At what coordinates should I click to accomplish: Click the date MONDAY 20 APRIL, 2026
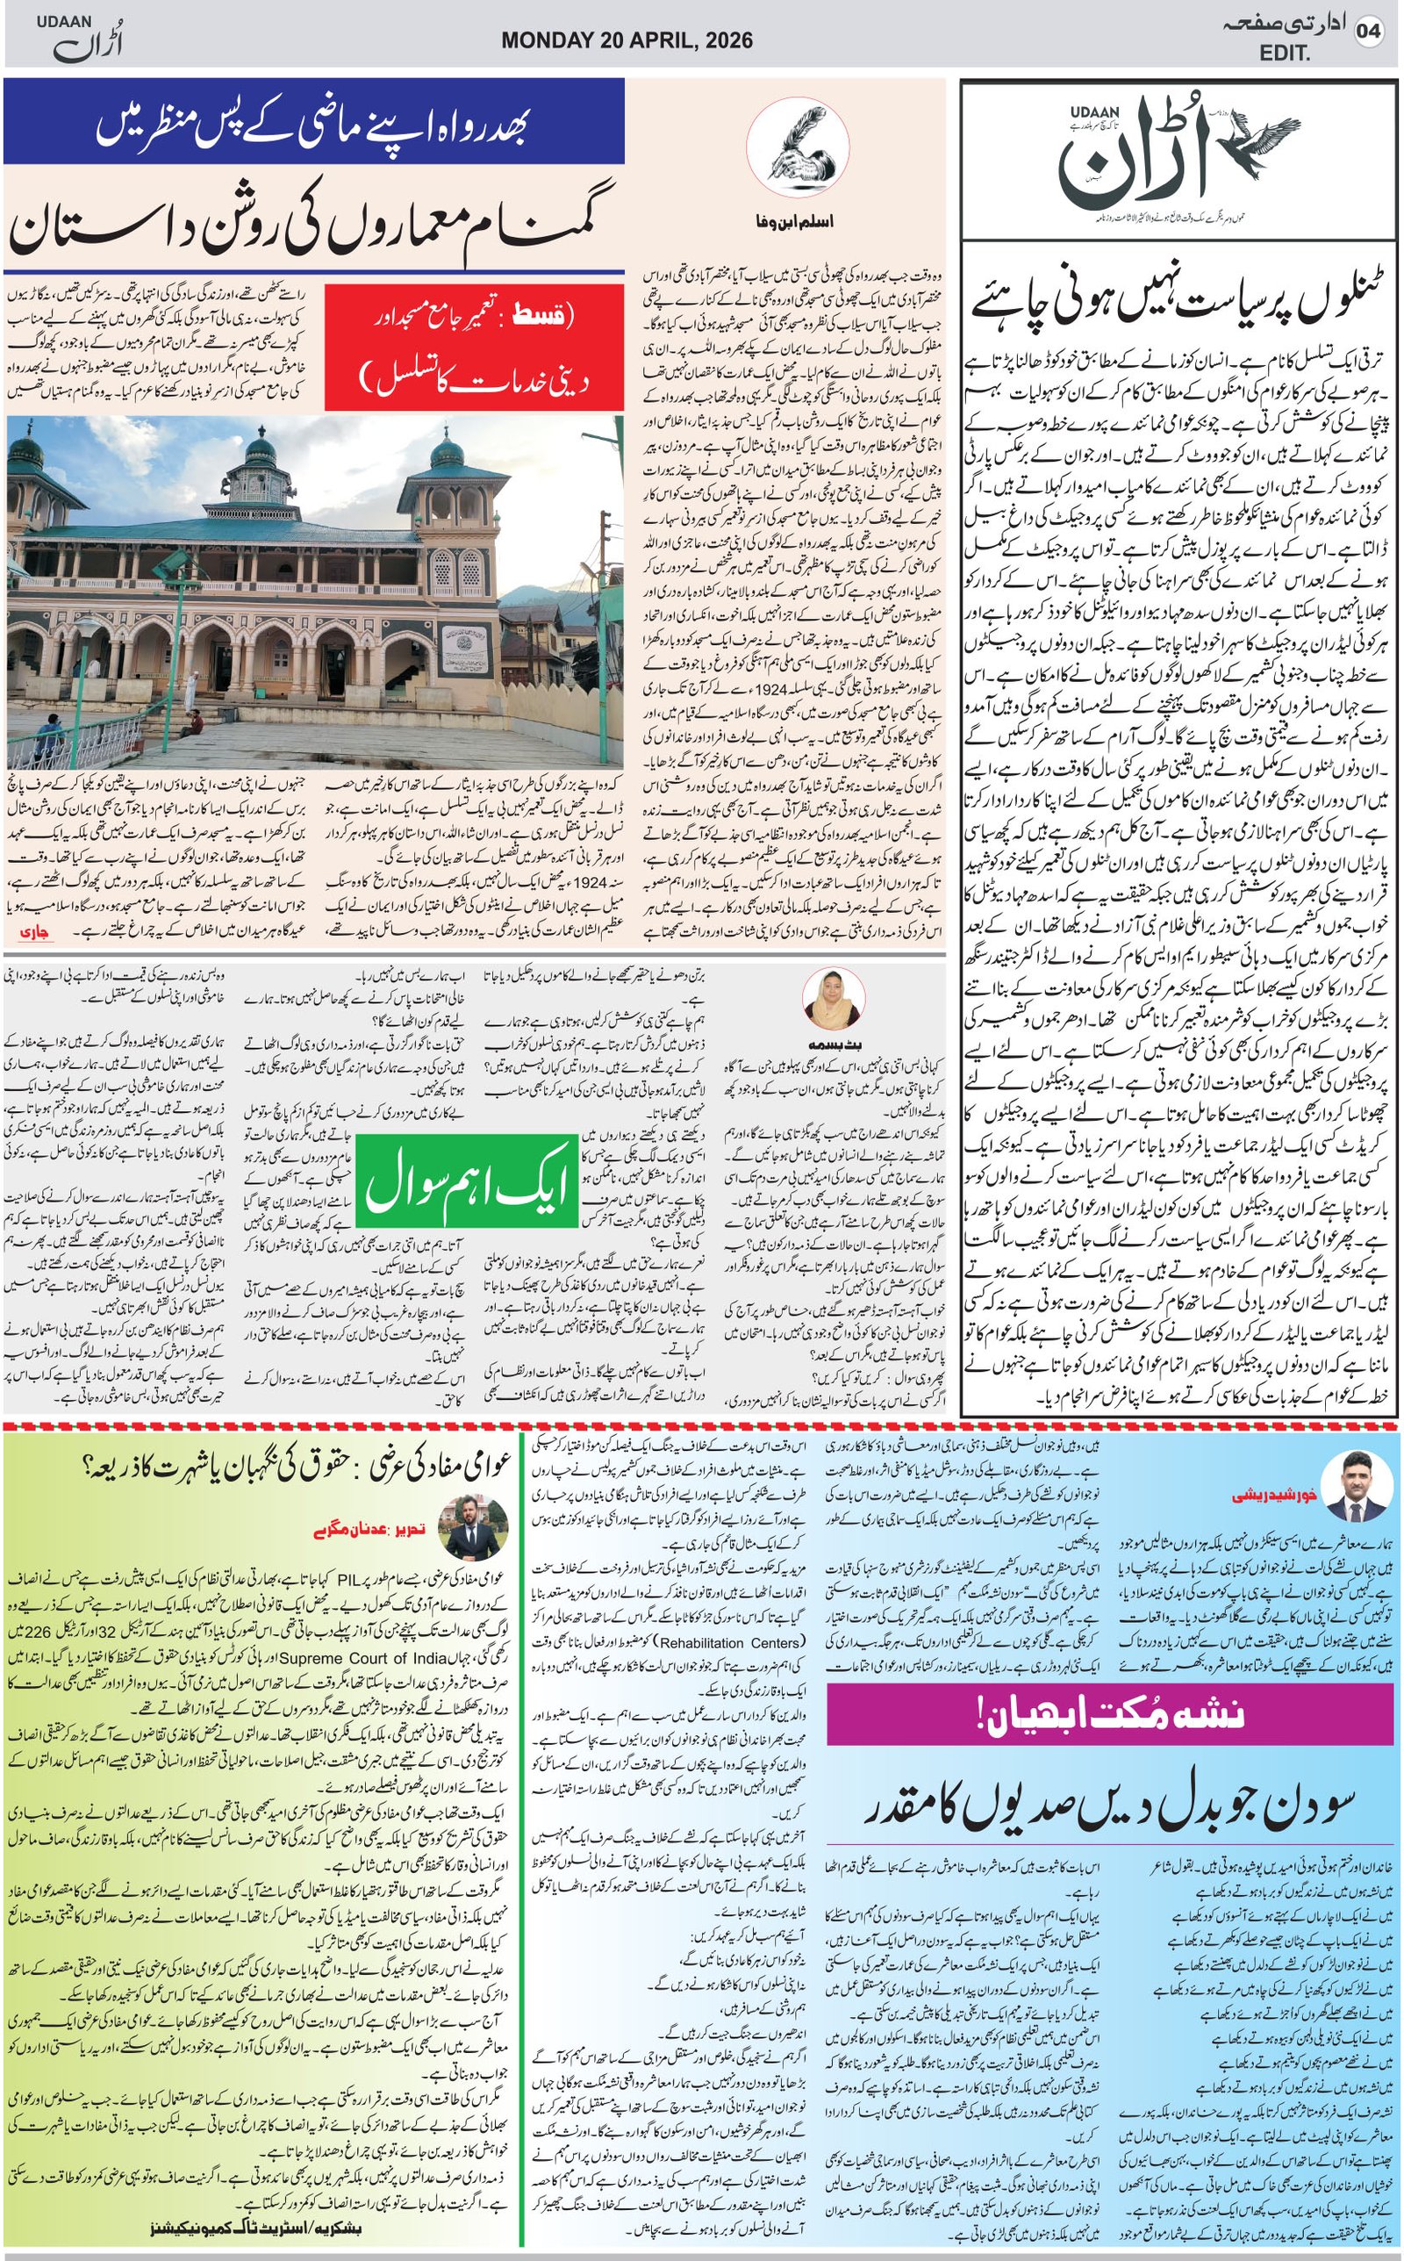[x=627, y=39]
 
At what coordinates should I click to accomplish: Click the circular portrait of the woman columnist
[x=832, y=998]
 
